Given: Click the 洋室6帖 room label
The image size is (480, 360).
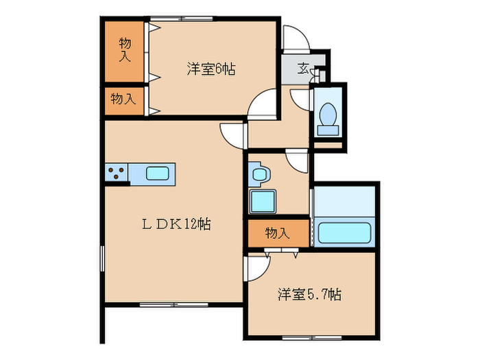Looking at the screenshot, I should (x=211, y=69).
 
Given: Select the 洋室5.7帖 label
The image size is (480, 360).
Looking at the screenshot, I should (x=309, y=295).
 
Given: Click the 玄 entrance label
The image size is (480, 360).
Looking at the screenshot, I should (x=302, y=68).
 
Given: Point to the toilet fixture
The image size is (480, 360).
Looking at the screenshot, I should (x=328, y=117).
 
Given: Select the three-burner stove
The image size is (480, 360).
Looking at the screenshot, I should (x=116, y=173).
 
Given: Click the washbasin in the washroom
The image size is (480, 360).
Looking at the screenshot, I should (x=259, y=174).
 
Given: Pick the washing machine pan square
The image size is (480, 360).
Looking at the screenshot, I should (x=261, y=202).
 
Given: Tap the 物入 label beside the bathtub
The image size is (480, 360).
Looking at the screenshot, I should (x=277, y=233).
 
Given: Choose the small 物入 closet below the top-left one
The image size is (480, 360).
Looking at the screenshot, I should (x=123, y=99).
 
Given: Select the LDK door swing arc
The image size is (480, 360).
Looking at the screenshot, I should (x=232, y=133).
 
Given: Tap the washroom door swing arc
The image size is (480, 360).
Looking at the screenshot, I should (x=298, y=161).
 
